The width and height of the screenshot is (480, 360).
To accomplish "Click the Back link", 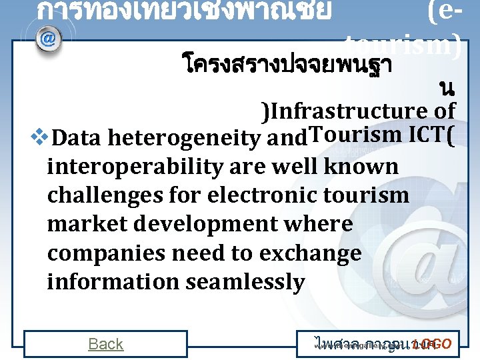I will point(106,344).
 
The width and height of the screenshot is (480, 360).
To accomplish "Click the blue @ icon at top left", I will point(48,39).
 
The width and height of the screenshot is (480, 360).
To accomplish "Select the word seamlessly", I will point(245,282).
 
